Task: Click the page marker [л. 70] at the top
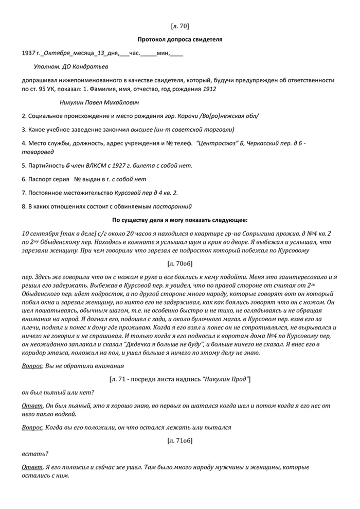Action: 179,26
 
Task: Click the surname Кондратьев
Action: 93,66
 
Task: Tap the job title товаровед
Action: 38,152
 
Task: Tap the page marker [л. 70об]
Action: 179,264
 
